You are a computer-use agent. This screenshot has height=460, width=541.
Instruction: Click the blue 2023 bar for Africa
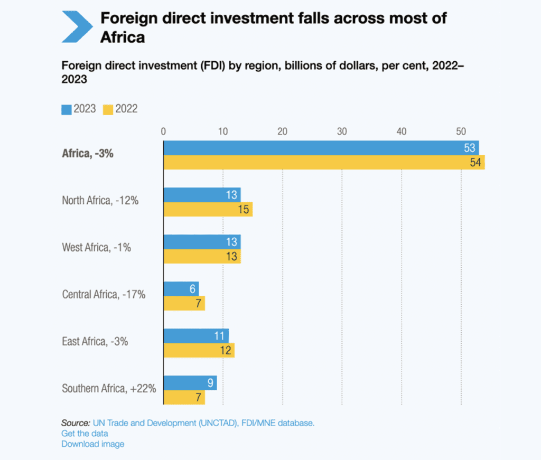[x=321, y=148]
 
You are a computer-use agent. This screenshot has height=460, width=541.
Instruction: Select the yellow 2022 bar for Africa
[x=324, y=162]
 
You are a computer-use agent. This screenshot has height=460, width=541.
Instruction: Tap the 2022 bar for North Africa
[x=208, y=209]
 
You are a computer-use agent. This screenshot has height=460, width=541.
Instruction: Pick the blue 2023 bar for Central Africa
[x=181, y=289]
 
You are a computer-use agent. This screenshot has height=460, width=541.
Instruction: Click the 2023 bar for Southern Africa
[x=190, y=383]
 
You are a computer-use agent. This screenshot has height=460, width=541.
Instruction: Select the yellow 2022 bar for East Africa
[x=199, y=350]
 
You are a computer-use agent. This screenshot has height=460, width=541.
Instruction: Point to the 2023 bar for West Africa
[x=202, y=242]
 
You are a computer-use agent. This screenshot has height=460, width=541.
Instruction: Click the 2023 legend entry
[x=79, y=109]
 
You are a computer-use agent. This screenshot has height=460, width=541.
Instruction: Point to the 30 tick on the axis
[x=342, y=132]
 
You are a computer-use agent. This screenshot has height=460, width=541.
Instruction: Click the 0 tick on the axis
[x=164, y=132]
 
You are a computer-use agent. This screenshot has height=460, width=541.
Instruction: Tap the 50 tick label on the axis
[x=461, y=132]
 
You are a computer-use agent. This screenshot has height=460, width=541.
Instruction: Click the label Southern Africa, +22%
[x=109, y=389]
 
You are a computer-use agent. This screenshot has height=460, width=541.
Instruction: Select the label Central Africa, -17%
[x=104, y=294]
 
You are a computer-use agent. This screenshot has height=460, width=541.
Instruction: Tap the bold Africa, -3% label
[x=88, y=155]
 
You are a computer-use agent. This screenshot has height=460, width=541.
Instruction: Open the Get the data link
[x=85, y=433]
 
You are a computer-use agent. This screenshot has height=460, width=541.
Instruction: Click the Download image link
[x=93, y=444]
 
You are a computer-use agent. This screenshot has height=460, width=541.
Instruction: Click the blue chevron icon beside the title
[x=78, y=26]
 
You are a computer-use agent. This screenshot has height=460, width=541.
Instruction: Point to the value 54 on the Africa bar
[x=475, y=163]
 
